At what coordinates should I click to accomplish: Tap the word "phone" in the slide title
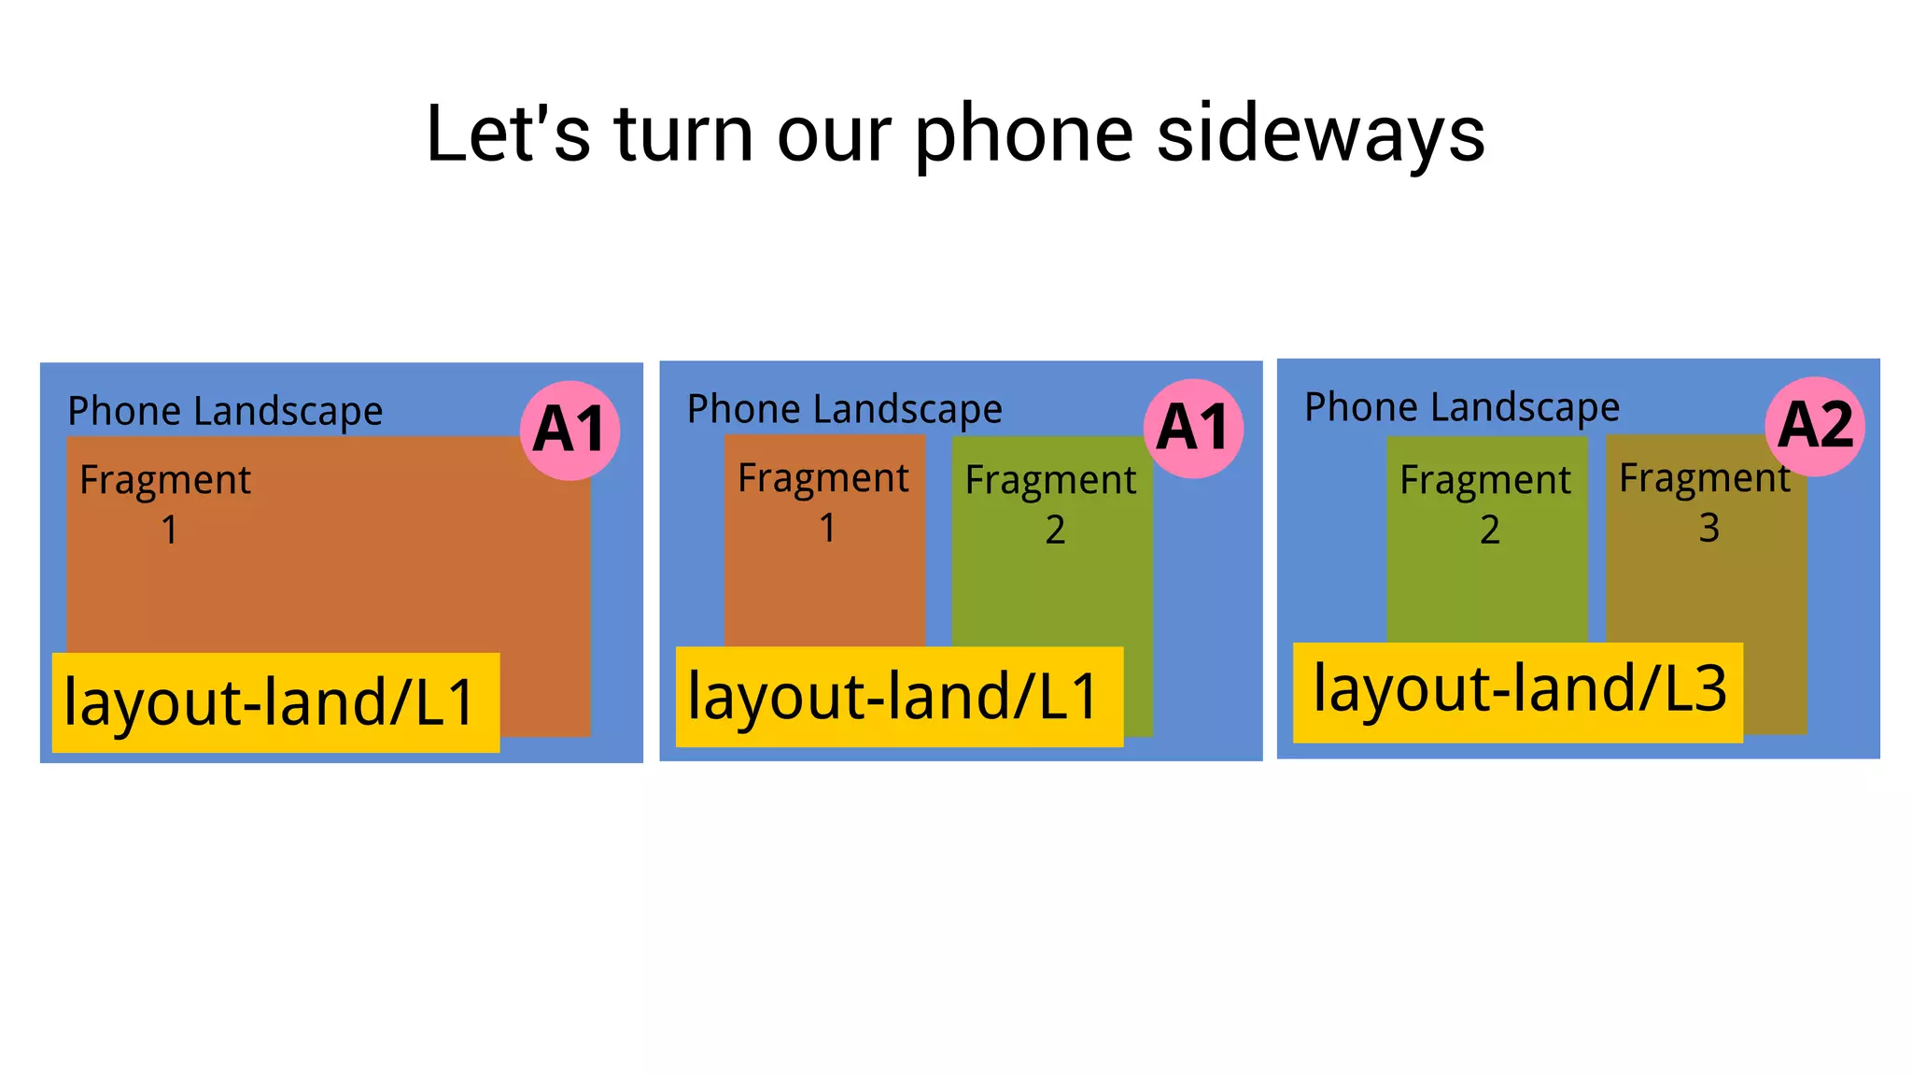point(1023,134)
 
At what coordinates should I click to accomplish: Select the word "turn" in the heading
point(682,134)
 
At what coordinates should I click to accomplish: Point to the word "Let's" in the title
point(508,134)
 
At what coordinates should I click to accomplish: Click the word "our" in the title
point(834,134)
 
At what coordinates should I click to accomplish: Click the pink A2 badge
point(1815,426)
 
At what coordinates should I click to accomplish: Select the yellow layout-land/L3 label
point(1518,692)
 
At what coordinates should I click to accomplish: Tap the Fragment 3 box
point(1706,579)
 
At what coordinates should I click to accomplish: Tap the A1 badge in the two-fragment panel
point(1193,429)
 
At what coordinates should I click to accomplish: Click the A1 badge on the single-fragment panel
point(569,431)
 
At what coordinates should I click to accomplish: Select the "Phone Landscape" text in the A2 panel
point(1462,407)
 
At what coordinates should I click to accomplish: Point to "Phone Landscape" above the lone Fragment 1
point(225,411)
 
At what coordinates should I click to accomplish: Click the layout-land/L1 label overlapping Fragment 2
point(899,697)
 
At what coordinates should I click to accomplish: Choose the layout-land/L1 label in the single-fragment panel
point(275,702)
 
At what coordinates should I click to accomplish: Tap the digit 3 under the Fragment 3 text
point(1708,529)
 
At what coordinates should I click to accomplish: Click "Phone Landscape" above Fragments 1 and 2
point(844,409)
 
